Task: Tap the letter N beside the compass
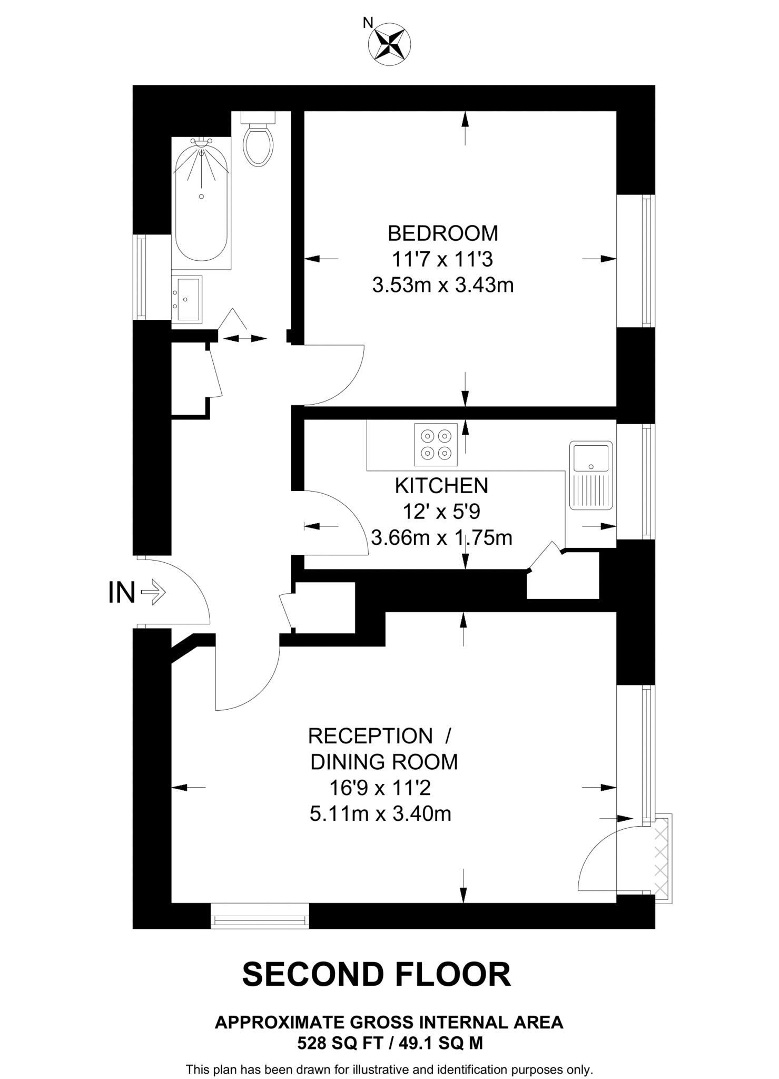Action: [368, 22]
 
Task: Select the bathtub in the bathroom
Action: [201, 203]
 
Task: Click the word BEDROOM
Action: [442, 233]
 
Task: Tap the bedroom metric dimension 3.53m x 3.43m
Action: [442, 286]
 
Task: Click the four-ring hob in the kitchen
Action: [436, 444]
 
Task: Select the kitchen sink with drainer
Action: [591, 475]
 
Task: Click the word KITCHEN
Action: [441, 486]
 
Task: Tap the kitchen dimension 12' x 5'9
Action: [441, 512]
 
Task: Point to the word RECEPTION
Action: [370, 736]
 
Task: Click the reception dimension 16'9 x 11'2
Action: [380, 788]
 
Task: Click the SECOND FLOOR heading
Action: [376, 975]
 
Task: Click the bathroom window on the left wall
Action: [140, 277]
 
